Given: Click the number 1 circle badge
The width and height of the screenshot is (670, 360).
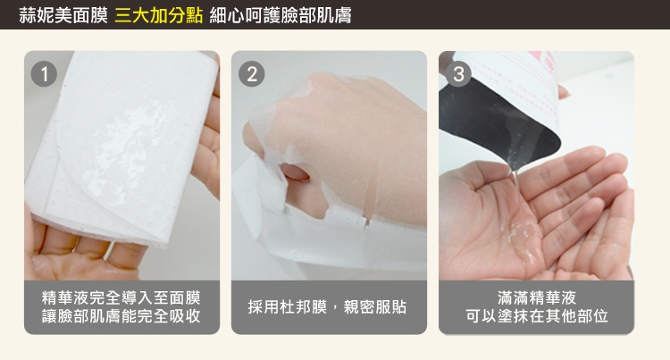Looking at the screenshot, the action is (x=44, y=74).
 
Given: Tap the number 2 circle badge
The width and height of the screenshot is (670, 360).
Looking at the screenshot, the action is (x=252, y=74).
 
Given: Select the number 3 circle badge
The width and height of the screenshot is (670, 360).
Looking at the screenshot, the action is (x=458, y=74).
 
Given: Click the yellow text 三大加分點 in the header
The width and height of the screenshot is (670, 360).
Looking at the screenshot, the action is (x=158, y=16).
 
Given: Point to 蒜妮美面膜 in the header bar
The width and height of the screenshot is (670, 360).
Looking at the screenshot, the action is (x=63, y=16).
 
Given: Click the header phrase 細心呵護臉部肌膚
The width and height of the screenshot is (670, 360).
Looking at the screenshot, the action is (x=281, y=16).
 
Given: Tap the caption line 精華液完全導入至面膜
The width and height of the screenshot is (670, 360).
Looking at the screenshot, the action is (x=121, y=297).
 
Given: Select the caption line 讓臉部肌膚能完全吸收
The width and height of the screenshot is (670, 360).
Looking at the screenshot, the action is (x=121, y=316).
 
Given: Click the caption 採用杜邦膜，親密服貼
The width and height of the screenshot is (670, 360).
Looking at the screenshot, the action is (x=327, y=307).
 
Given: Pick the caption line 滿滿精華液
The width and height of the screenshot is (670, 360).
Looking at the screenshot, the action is (x=537, y=297).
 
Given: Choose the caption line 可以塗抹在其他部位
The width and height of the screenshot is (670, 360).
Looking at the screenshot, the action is (x=537, y=316).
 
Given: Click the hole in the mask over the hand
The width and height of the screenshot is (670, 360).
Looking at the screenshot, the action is (x=295, y=173).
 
